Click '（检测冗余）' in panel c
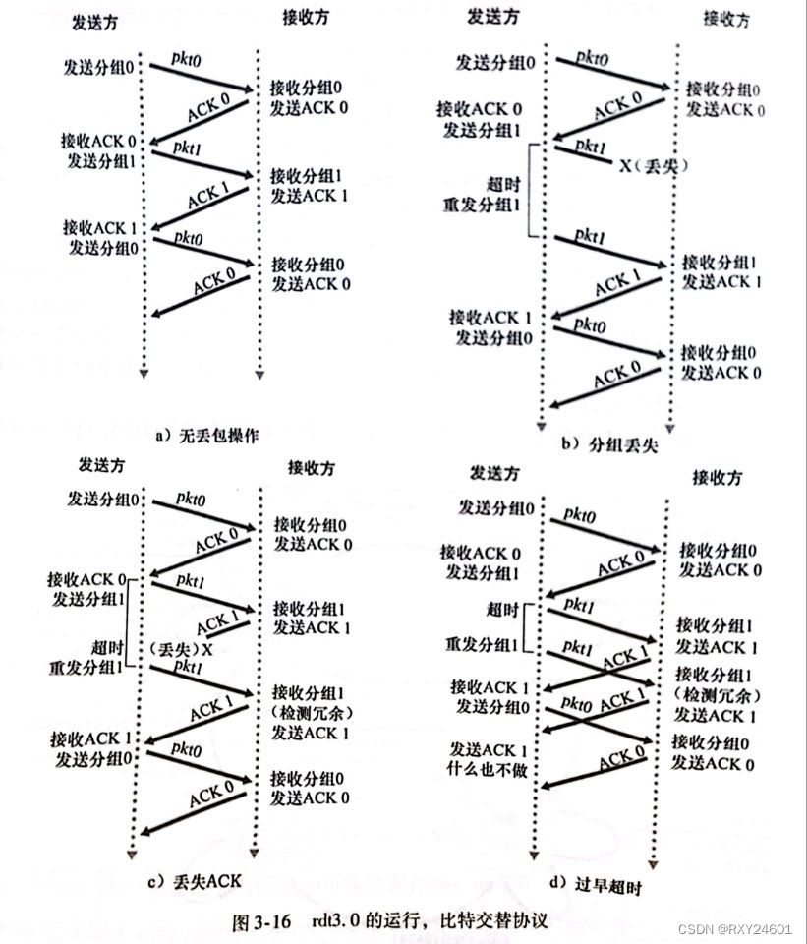(310, 710)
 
